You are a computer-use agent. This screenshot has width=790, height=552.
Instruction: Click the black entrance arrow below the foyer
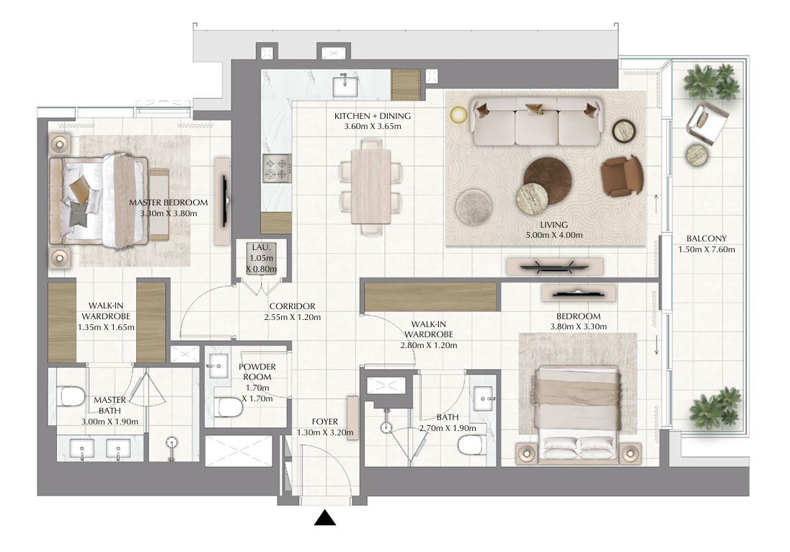(x=325, y=518)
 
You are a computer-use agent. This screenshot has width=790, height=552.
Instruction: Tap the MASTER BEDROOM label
(x=168, y=202)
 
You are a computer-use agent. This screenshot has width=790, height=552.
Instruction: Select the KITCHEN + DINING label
(x=373, y=116)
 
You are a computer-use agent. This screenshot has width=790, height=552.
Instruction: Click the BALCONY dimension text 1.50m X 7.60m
(x=706, y=249)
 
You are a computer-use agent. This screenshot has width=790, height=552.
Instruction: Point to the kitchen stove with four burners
(x=277, y=168)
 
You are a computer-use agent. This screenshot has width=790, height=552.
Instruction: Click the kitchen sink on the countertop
(x=346, y=86)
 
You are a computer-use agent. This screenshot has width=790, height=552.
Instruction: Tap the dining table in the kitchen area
(x=371, y=187)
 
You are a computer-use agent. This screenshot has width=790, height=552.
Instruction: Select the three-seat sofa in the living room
(x=536, y=122)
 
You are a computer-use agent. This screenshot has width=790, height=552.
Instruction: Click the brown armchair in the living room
(x=622, y=175)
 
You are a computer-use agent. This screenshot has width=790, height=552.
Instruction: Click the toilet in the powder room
(x=228, y=407)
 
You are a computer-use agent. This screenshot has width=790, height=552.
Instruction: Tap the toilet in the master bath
(x=71, y=396)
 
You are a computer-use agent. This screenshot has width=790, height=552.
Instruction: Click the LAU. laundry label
(x=262, y=247)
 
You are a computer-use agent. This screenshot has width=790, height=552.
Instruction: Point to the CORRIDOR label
(x=292, y=306)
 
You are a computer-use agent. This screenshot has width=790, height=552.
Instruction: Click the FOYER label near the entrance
(x=325, y=422)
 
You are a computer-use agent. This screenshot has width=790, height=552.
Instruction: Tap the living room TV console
(x=555, y=267)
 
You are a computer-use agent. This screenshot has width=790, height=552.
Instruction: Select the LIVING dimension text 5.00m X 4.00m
(x=554, y=235)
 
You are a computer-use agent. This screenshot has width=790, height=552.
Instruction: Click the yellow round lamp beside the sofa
(x=459, y=115)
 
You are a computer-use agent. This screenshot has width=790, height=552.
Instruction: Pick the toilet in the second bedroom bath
(x=471, y=445)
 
